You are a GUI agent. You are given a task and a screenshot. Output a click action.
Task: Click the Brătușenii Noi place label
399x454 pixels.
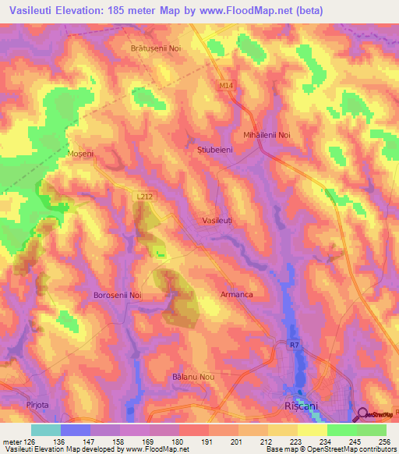tap(155, 48)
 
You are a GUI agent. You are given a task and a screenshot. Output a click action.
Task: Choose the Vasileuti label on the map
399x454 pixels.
tap(217, 222)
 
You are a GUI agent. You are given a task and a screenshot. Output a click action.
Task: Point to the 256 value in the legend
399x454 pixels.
tap(386, 441)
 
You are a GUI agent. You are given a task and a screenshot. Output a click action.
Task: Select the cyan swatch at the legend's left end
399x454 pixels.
tap(46, 430)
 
